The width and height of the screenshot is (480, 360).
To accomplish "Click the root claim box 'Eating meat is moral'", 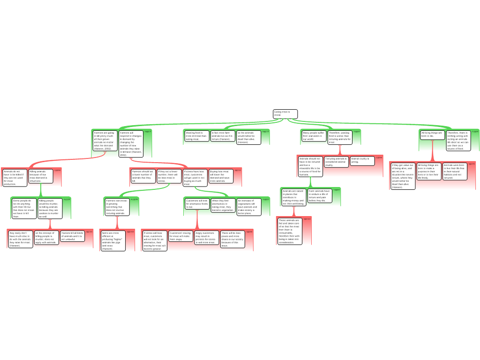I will tap(285, 114).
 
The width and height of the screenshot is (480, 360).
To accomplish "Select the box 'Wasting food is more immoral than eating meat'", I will tap(196, 136).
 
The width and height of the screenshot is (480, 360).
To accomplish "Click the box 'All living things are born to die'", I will tap(432, 135).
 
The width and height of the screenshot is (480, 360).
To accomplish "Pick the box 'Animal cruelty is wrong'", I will tap(362, 160).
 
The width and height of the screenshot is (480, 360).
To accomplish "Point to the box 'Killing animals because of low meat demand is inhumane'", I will tap(41, 176).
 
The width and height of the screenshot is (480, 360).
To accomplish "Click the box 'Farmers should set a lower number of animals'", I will tap(143, 176).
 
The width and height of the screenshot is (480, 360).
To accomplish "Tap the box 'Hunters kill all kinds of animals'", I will tap(72, 236).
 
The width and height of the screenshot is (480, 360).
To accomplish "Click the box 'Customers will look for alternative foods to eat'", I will tap(197, 204).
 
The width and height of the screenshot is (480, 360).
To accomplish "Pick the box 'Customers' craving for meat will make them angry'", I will tap(180, 236).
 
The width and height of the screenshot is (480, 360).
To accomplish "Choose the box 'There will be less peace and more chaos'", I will tap(232, 239).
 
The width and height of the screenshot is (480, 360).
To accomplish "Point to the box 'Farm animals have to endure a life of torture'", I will tap(320, 196).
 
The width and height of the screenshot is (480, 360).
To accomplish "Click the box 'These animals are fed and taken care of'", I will tap(289, 231).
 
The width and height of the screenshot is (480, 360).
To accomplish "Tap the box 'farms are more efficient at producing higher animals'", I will tap(113, 240).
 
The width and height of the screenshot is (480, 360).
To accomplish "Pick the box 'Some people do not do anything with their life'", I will tap(23, 209).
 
